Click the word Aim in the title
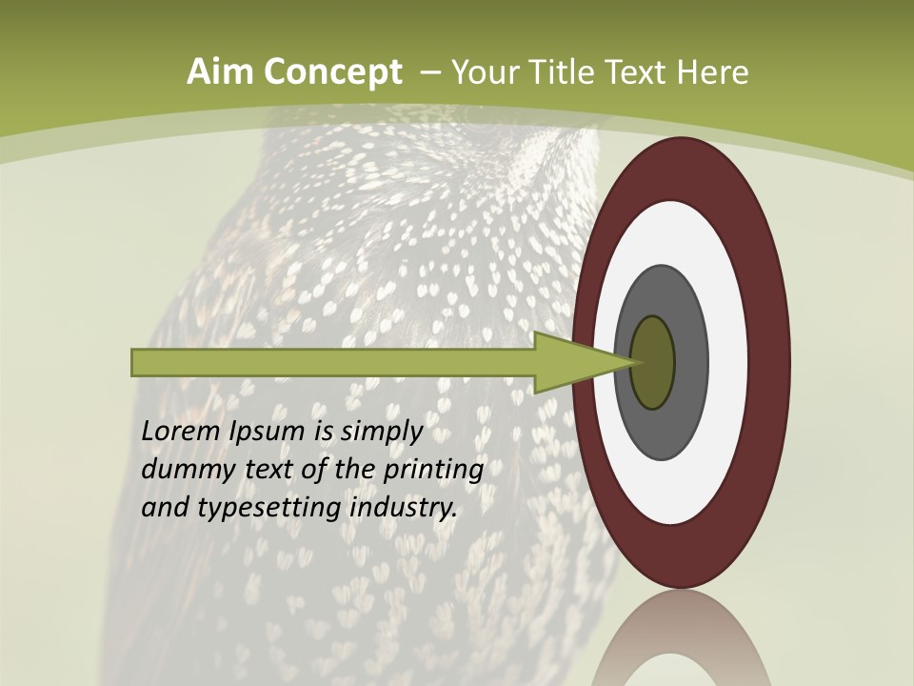click(x=215, y=72)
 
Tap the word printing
click(x=433, y=471)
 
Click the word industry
click(x=404, y=508)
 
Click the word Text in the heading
click(x=638, y=72)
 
